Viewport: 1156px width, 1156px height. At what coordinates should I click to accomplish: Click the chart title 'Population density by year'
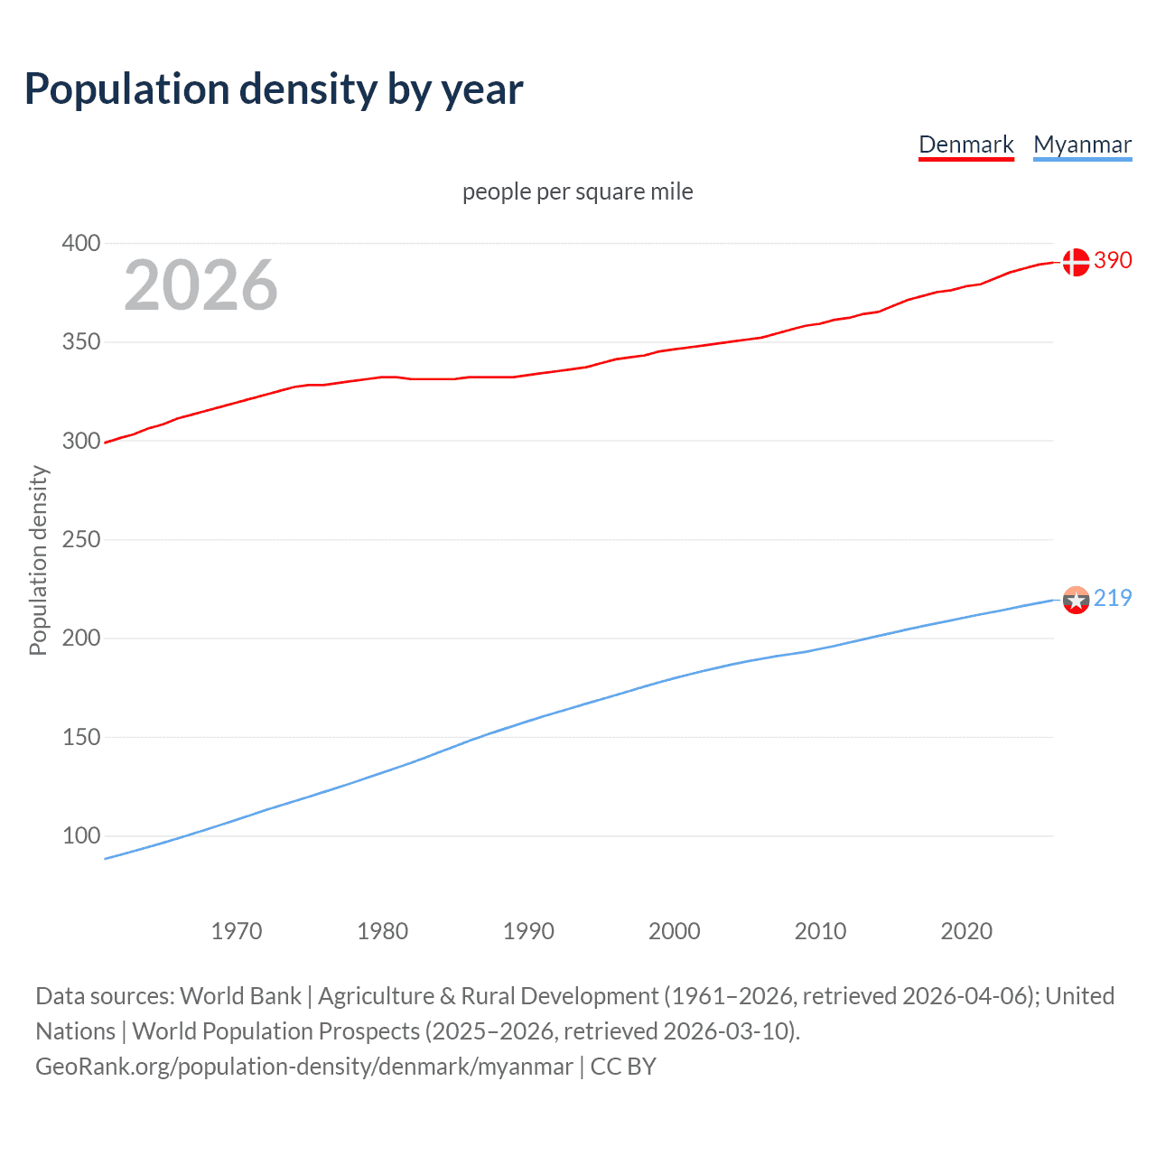click(x=274, y=89)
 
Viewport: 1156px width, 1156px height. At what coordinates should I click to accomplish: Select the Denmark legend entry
click(x=965, y=144)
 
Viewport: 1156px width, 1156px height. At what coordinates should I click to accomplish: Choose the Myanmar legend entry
click(x=1082, y=144)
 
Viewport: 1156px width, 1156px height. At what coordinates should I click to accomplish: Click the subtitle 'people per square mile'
click(x=577, y=191)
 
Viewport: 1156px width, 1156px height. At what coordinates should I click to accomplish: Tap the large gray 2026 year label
click(x=200, y=285)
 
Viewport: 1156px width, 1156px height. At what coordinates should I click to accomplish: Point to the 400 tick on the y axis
click(x=80, y=243)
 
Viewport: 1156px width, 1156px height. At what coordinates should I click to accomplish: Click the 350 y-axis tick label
click(x=80, y=342)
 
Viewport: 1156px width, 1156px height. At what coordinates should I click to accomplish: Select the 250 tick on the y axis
click(x=80, y=539)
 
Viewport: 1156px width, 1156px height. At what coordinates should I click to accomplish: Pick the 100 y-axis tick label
click(x=80, y=835)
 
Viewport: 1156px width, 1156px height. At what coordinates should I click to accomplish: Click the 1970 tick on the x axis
click(x=237, y=931)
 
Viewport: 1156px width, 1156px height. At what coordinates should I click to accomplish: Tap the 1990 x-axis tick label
click(x=528, y=931)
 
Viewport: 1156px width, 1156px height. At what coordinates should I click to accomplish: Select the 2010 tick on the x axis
click(x=820, y=931)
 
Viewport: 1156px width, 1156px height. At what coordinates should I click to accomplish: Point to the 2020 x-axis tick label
click(x=966, y=931)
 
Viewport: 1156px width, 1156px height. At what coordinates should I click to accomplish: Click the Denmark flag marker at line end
click(x=1076, y=262)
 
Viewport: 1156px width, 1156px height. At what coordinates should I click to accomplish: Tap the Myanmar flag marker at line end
click(x=1076, y=600)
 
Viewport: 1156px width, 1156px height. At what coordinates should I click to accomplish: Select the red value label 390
click(x=1113, y=260)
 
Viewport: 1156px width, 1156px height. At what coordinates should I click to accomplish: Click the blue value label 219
click(x=1113, y=598)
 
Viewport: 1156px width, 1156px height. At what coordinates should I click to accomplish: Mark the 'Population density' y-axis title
click(x=38, y=560)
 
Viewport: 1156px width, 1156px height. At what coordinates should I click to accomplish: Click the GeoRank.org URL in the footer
click(x=303, y=1067)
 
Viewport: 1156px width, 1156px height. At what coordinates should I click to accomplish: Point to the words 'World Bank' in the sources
click(x=240, y=996)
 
